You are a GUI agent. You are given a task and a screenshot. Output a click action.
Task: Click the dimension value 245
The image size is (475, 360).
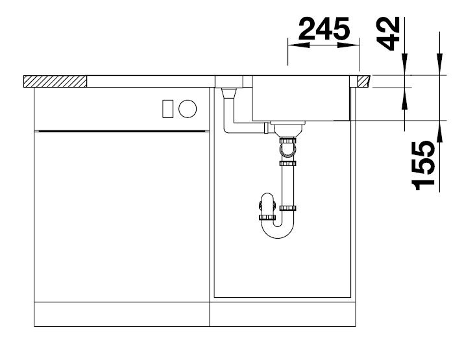coord(324,29)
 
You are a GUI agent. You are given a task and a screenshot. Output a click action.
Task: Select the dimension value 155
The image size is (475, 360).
coord(423,165)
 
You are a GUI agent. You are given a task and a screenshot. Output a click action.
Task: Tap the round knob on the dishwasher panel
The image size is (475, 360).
coord(188,109)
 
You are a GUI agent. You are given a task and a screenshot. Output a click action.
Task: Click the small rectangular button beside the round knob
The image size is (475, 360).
coord(168,109)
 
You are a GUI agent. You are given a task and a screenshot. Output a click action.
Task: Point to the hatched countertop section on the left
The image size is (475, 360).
coord(55,82)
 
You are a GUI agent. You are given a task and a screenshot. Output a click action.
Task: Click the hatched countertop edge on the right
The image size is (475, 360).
coord(363,82)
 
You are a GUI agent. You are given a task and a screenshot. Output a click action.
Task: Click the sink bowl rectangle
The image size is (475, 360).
coord(302,99)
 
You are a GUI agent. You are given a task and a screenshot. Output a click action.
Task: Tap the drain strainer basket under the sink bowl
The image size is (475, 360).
coord(287,128)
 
